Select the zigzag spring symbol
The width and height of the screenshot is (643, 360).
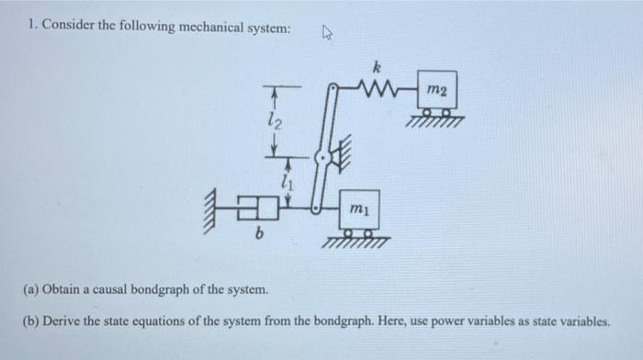[376, 90]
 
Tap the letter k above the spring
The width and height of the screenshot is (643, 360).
[377, 67]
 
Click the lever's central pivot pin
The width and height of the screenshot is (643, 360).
[322, 158]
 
